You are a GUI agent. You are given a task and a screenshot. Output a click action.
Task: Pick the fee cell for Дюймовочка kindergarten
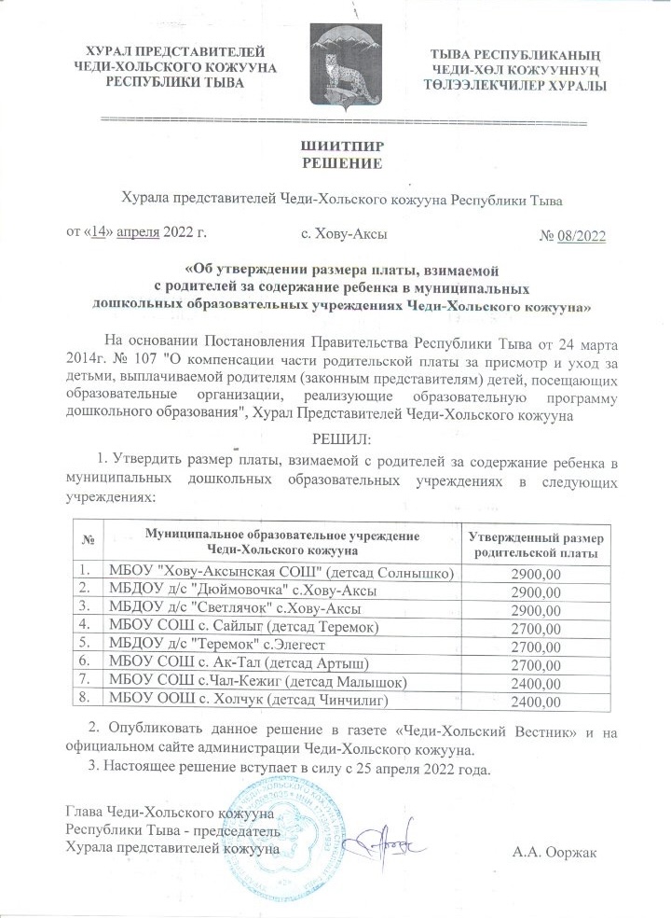pyautogui.click(x=535, y=590)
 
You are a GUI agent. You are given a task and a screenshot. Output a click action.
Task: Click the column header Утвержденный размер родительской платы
pyautogui.click(x=535, y=546)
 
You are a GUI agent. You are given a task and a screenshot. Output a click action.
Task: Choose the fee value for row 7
pyautogui.click(x=535, y=682)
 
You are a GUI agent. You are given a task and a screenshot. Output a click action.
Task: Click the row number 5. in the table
pyautogui.click(x=86, y=644)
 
